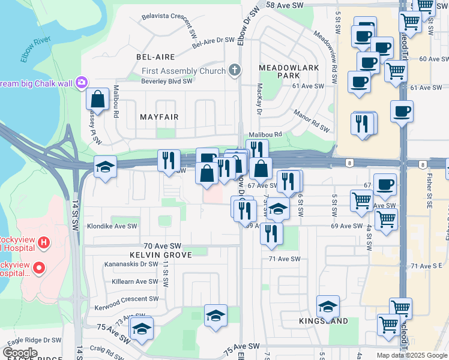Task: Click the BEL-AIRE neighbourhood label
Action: pos(155,57)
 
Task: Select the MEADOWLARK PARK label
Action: pos(289,72)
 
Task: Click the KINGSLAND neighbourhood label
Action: pos(324,321)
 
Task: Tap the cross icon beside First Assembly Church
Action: pos(235,71)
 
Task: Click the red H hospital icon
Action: pos(43,243)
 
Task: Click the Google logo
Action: pos(20,353)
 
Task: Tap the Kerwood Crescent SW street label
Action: pos(127,298)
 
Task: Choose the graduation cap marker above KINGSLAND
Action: pos(328,306)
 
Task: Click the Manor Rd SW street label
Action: pos(312,120)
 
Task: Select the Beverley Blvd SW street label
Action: pos(167,80)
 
